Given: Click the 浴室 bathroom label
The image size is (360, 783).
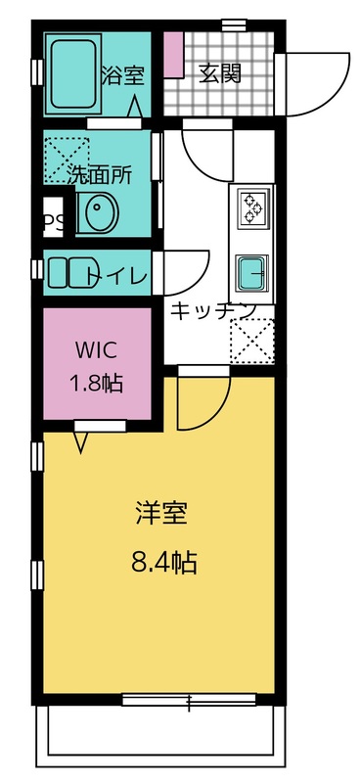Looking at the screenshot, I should (124, 73).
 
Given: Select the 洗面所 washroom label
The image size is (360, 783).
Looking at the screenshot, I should (99, 176).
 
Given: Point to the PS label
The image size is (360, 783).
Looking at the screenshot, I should (53, 222).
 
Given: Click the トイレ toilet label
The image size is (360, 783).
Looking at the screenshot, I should (117, 276).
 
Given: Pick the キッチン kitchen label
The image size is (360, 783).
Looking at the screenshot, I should (213, 310).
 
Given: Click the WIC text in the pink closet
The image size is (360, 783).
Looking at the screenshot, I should (97, 350).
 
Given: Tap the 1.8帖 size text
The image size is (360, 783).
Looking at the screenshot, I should (97, 383).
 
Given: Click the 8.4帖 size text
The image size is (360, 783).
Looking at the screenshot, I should (163, 562).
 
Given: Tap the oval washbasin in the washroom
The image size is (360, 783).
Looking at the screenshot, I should (94, 214).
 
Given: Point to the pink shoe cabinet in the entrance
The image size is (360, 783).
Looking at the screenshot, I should (173, 55).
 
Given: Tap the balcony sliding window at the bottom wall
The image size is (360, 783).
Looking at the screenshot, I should (189, 699).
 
